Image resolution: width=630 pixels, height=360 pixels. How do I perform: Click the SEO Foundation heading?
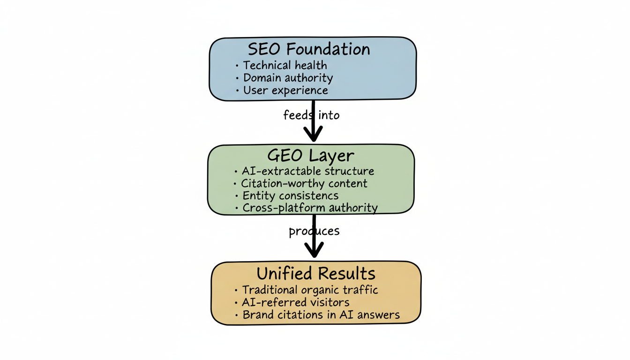(309, 49)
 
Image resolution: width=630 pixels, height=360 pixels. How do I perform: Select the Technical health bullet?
(285, 65)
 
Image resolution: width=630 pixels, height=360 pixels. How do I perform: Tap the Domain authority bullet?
(287, 78)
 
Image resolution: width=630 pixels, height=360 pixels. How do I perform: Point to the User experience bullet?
(285, 90)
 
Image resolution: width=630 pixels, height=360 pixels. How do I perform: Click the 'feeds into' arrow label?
(311, 115)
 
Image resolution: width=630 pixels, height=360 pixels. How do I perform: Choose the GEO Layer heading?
(310, 156)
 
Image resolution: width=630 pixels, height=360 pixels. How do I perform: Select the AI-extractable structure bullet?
(307, 171)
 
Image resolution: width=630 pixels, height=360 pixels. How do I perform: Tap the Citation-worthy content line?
(304, 183)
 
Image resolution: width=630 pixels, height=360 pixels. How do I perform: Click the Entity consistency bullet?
(290, 195)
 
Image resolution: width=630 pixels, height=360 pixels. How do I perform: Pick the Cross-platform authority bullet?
(309, 208)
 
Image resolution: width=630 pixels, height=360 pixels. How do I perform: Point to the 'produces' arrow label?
(314, 231)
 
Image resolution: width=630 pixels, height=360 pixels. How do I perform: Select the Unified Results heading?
(315, 273)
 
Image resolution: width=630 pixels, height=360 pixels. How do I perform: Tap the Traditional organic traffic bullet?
(310, 290)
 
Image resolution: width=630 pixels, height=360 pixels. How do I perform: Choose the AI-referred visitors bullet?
(296, 302)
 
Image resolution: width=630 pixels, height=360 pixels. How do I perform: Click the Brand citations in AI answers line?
(321, 315)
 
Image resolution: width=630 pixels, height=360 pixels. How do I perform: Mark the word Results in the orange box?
(346, 273)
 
